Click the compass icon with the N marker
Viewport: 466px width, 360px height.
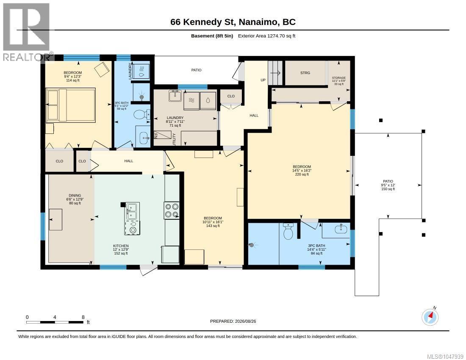[x=430, y=317]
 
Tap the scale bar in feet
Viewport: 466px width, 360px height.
[x=55, y=322]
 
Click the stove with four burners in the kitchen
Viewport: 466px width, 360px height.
[x=172, y=210]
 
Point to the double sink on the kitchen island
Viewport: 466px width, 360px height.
[x=131, y=211]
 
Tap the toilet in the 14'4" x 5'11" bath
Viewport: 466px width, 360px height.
[x=288, y=231]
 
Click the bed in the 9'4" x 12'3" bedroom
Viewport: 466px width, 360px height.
[x=70, y=105]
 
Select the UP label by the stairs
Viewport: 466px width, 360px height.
[x=263, y=80]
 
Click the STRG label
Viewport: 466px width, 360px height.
[x=305, y=73]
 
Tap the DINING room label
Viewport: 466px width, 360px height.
[x=75, y=195]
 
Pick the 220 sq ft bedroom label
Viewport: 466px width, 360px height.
[x=302, y=171]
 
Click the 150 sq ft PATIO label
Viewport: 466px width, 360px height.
[x=388, y=185]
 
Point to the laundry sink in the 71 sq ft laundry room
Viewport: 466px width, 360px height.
[x=176, y=96]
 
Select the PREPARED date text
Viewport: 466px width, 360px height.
[x=233, y=321]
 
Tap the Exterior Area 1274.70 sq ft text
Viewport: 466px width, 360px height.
[x=266, y=36]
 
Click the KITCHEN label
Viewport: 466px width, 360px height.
[x=121, y=246]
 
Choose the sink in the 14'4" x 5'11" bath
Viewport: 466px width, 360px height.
[x=339, y=229]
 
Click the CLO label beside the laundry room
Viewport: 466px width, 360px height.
[x=231, y=96]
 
